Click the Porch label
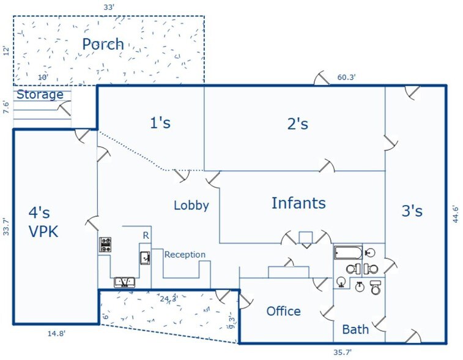(103, 44)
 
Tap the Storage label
(40, 94)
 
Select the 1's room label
(160, 122)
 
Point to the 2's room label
(298, 124)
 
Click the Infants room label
(298, 203)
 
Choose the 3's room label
(412, 211)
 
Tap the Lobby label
(191, 206)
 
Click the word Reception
(185, 255)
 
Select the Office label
(283, 311)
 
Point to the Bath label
(355, 329)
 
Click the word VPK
(43, 231)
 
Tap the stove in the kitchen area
(105, 244)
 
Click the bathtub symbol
(348, 253)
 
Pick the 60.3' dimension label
(346, 77)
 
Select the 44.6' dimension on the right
(455, 214)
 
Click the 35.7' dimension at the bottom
(343, 352)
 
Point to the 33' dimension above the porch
(109, 7)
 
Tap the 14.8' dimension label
(56, 334)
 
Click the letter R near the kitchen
(146, 236)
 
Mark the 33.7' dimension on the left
(6, 227)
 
